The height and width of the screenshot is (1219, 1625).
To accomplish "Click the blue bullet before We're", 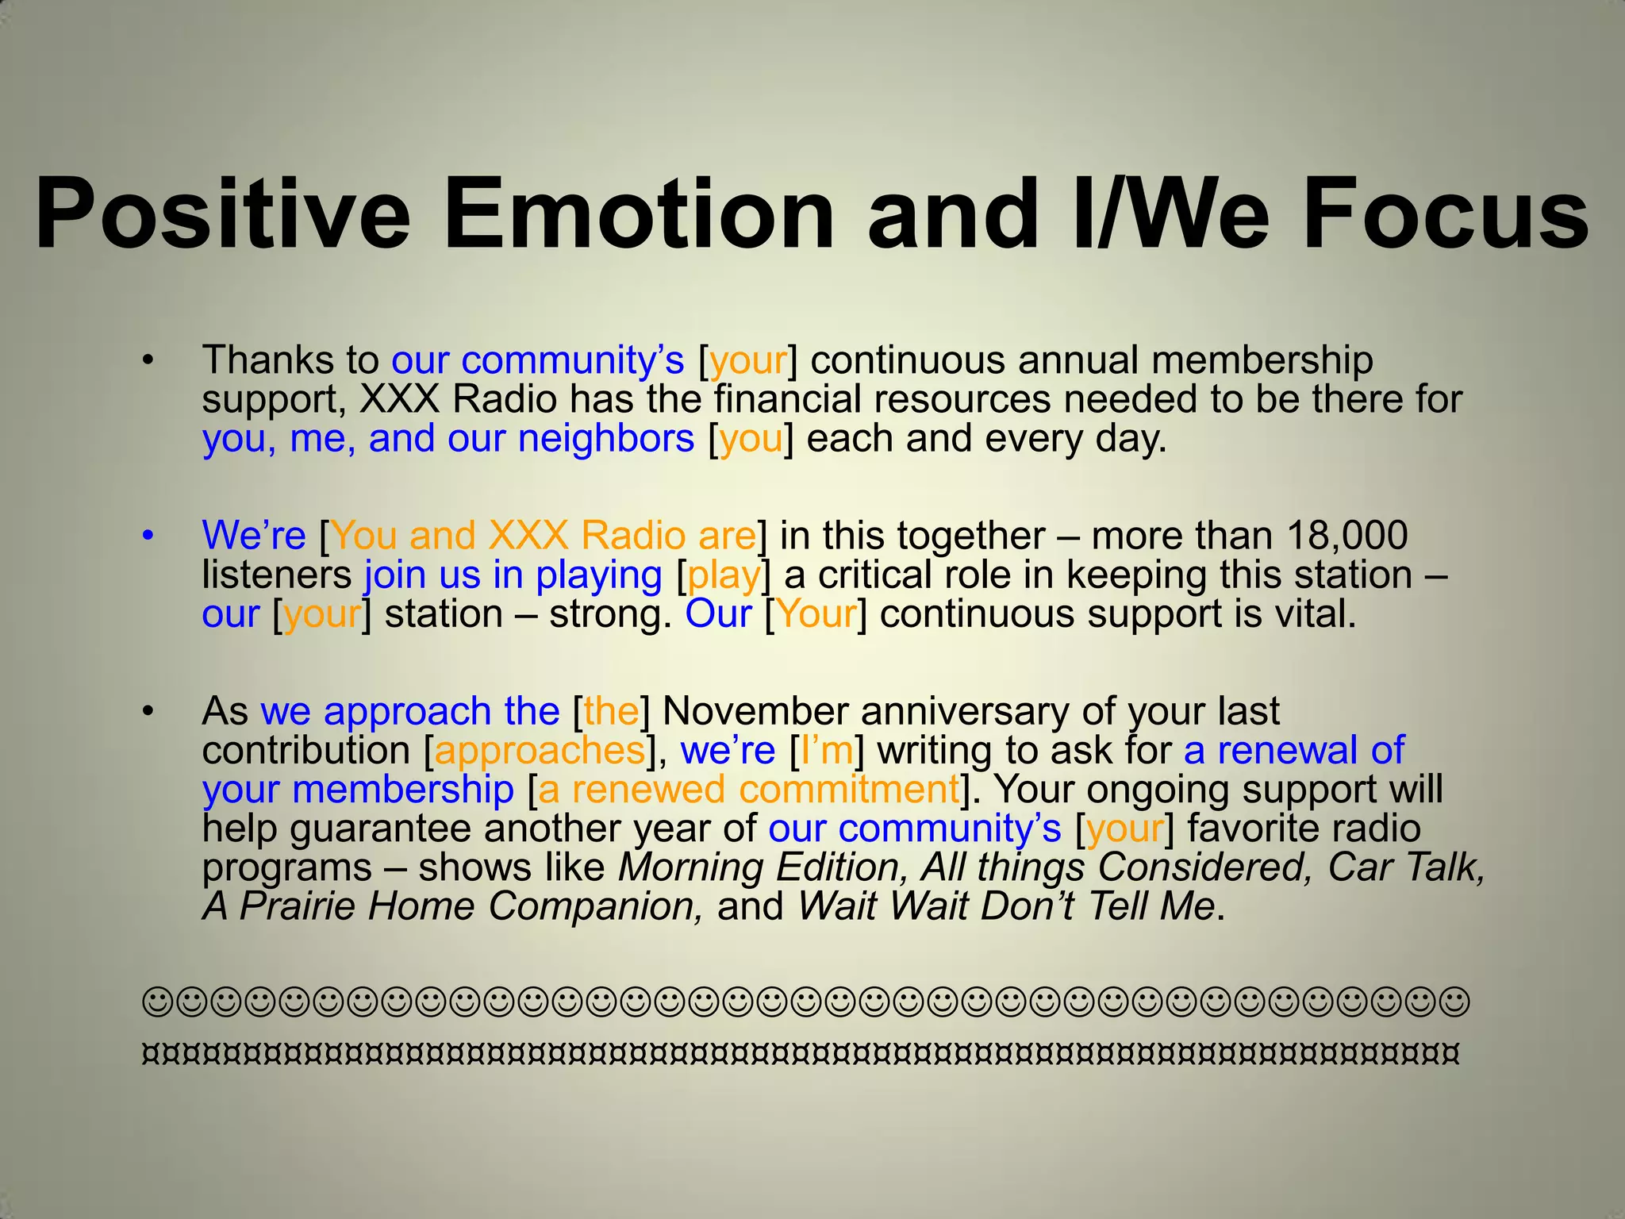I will [x=147, y=536].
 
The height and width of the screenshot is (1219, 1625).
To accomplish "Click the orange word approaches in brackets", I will [x=540, y=751].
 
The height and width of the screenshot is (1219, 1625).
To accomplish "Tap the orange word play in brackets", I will [x=724, y=575].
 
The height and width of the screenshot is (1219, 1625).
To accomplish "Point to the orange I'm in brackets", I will [x=827, y=751].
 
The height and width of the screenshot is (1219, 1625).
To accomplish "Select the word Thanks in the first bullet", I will [x=268, y=361].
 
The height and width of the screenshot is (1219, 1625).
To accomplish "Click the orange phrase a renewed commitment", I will [x=749, y=790].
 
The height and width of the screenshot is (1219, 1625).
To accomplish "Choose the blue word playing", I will [x=598, y=575].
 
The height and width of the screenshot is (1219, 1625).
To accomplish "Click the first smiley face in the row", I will [x=156, y=1002].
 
